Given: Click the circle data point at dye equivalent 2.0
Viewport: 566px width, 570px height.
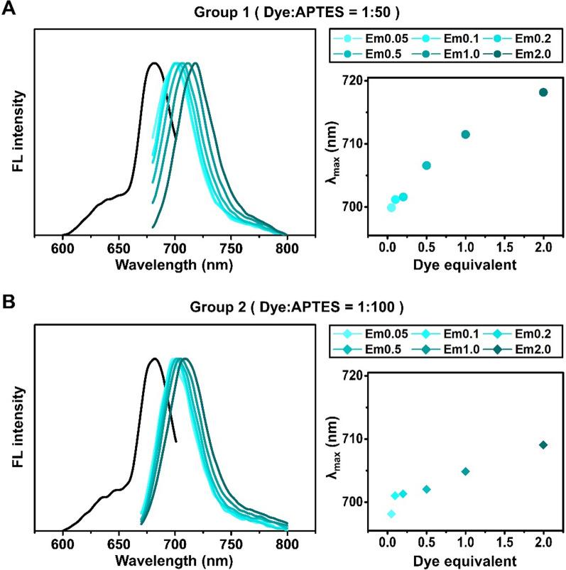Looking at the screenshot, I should (x=543, y=92).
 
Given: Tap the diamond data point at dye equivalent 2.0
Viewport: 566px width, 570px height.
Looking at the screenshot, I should (x=543, y=445).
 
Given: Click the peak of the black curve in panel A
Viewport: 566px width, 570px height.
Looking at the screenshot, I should (x=153, y=63).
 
